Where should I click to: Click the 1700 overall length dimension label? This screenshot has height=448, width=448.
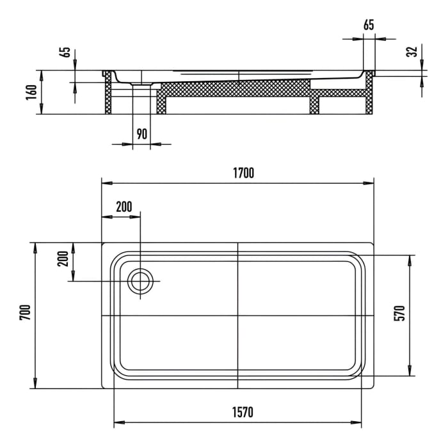[243, 173]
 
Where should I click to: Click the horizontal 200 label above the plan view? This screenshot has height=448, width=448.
[124, 206]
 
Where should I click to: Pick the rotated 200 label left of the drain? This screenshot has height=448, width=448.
[63, 259]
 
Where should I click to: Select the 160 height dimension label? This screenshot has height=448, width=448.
[30, 92]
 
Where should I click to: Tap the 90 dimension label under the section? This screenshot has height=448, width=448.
[141, 134]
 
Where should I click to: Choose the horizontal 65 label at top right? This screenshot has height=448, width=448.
[369, 26]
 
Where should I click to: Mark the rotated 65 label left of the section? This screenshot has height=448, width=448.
[65, 52]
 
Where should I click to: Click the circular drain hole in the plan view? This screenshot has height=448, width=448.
[140, 281]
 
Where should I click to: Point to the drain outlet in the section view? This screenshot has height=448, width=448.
[141, 83]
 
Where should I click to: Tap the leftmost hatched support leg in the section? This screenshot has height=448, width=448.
[108, 96]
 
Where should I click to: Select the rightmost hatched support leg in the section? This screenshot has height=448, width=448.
[369, 99]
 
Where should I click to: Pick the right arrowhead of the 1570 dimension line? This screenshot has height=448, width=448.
[360, 423]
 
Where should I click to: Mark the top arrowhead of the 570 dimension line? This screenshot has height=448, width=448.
[408, 258]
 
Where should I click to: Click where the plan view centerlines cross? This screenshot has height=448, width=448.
[238, 316]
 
